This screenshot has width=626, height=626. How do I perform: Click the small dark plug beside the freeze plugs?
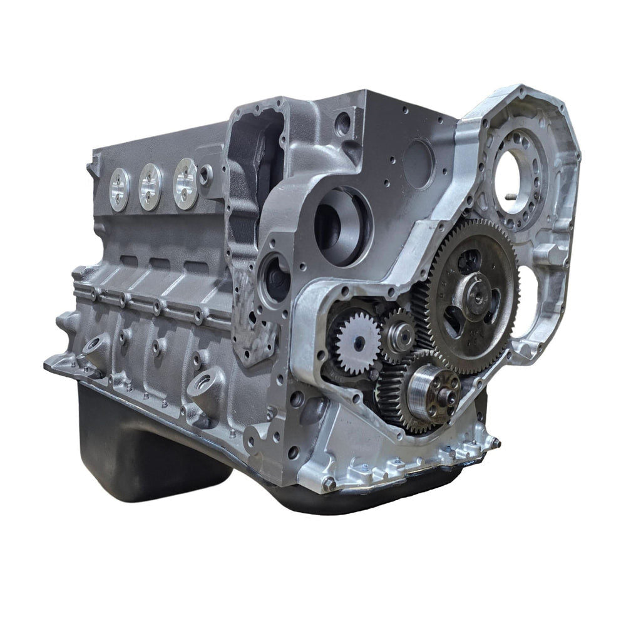click(205, 175)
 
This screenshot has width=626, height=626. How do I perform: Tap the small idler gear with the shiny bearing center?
click(398, 335)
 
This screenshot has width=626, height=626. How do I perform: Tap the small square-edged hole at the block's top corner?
click(343, 123)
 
